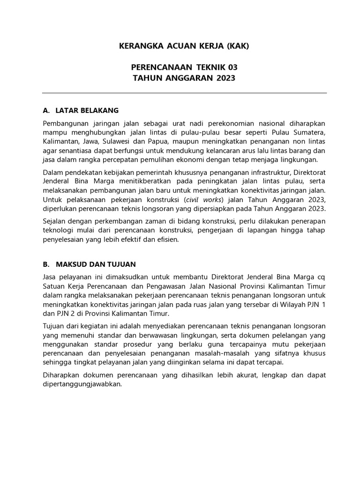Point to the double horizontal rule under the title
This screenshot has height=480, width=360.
click(x=184, y=93)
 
